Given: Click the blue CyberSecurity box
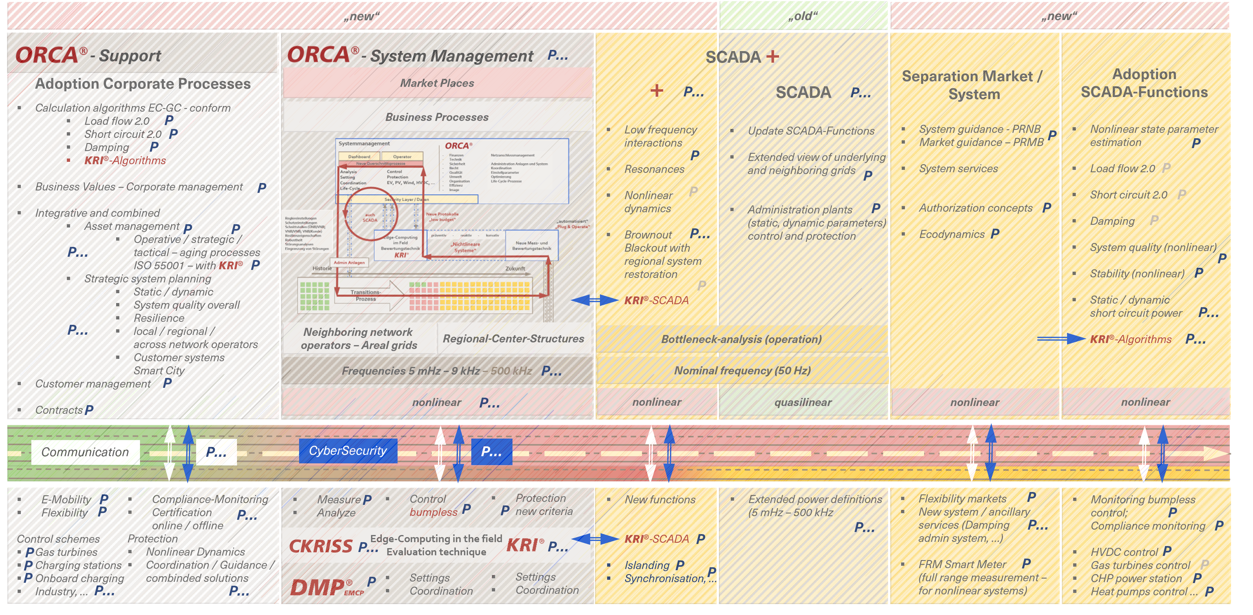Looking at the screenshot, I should (348, 451).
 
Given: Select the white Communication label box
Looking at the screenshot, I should (85, 452).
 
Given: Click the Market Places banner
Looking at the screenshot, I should (437, 83).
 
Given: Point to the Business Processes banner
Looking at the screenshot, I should (437, 117).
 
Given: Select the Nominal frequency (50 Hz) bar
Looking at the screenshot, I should (742, 370).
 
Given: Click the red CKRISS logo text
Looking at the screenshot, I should (321, 546).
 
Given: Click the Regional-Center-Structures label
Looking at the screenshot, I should (513, 339).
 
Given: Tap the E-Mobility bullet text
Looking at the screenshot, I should (66, 499).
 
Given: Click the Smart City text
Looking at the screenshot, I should (159, 370).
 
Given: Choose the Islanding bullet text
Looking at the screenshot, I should (647, 565).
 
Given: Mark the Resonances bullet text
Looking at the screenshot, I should (654, 169).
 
